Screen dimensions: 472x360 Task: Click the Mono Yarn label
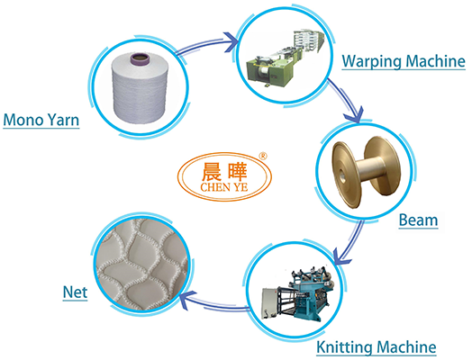[41, 120]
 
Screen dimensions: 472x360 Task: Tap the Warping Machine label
[404, 61]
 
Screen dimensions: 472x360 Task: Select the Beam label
[418, 220]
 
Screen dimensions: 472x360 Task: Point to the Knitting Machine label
[377, 347]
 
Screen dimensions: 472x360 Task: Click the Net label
[76, 292]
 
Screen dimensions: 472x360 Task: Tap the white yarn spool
[140, 88]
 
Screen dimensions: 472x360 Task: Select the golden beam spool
[366, 172]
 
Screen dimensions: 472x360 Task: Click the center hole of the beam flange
[342, 176]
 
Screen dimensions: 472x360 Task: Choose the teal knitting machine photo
[298, 292]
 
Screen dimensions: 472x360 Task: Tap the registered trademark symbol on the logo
[263, 156]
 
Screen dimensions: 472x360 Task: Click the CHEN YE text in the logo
[224, 187]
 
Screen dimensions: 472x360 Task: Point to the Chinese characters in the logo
[224, 172]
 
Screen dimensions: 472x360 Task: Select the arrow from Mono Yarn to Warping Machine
[208, 45]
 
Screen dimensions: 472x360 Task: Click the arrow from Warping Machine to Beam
[346, 99]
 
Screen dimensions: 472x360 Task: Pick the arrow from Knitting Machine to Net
[214, 303]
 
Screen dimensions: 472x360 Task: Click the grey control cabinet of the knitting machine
[270, 303]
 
